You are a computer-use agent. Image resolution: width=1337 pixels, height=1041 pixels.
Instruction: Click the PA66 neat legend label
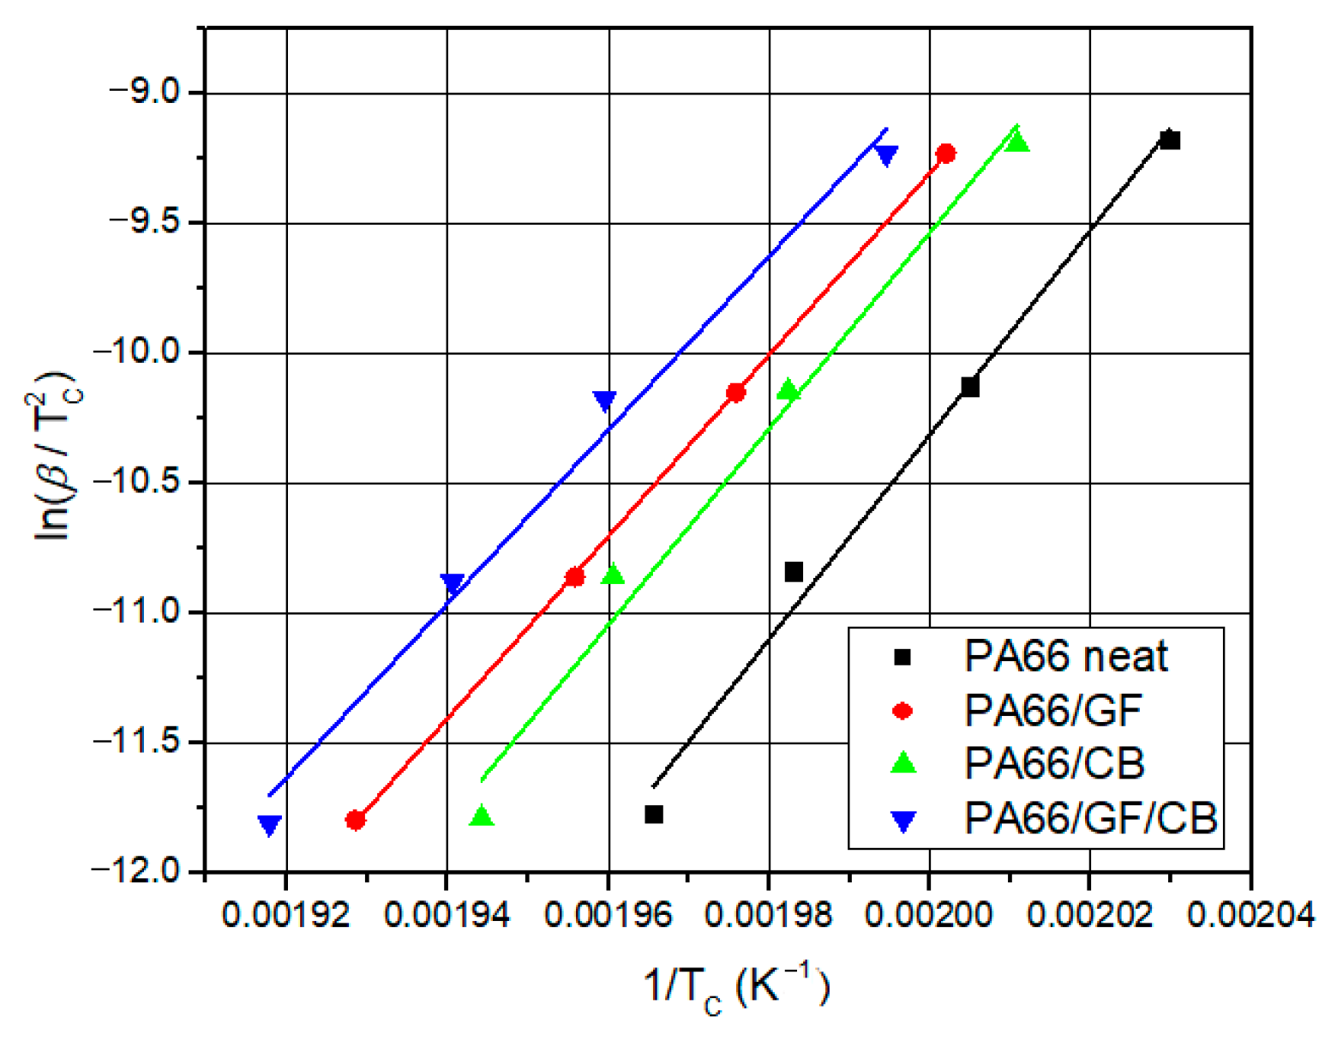(1065, 657)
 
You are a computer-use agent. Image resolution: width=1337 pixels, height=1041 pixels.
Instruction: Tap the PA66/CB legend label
(1054, 763)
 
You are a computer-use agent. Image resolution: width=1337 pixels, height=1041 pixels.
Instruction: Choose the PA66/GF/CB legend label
(1090, 818)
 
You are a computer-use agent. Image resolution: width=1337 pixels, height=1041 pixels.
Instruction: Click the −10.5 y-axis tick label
(137, 482)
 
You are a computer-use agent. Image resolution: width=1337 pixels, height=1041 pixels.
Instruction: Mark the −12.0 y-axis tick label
(137, 871)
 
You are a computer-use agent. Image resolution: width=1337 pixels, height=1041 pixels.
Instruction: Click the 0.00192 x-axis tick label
(285, 915)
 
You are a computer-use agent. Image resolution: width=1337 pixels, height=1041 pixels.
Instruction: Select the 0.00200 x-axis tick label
(928, 915)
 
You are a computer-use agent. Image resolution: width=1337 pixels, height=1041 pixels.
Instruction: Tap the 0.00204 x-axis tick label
(1250, 915)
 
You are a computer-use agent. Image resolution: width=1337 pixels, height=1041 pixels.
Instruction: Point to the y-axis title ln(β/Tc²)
(54, 454)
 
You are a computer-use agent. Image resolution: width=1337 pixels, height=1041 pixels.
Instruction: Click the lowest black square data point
(654, 814)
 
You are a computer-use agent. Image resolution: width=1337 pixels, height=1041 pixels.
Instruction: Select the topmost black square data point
(1170, 141)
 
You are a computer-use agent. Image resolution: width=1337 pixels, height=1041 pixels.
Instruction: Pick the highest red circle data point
(945, 153)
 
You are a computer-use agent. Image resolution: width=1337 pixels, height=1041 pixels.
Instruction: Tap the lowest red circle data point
(355, 820)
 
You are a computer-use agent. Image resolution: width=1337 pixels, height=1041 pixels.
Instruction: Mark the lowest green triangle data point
(482, 816)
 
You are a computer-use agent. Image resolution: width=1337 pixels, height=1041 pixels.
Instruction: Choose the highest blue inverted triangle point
(886, 155)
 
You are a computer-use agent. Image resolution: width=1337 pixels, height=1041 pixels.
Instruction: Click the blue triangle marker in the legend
(902, 820)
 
